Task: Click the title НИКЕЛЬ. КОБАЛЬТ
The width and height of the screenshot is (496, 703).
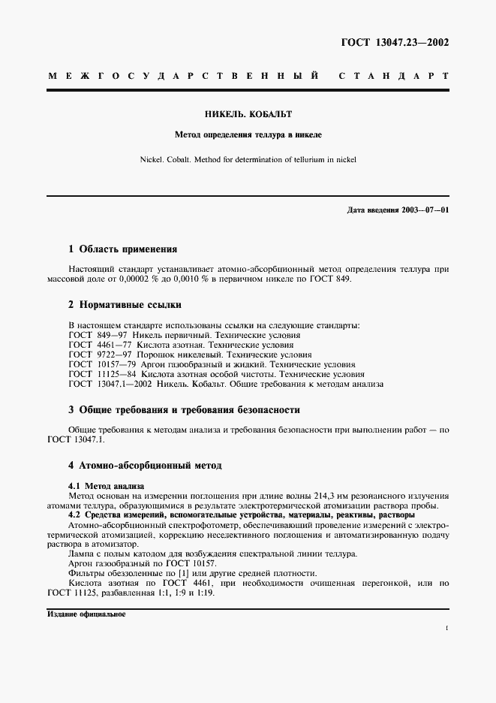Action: [x=248, y=115]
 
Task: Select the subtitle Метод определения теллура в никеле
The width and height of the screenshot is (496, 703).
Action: [x=248, y=136]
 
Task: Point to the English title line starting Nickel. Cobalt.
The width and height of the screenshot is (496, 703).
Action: [x=248, y=159]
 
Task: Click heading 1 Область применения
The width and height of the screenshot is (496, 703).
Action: [x=122, y=249]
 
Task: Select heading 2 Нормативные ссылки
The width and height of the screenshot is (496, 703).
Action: [x=125, y=305]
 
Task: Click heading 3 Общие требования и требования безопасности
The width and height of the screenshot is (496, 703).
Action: [x=184, y=410]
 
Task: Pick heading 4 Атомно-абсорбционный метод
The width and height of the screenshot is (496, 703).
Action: [x=145, y=466]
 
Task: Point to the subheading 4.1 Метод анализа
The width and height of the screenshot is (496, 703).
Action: [x=106, y=487]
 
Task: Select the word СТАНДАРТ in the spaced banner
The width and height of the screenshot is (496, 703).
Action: [x=393, y=77]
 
